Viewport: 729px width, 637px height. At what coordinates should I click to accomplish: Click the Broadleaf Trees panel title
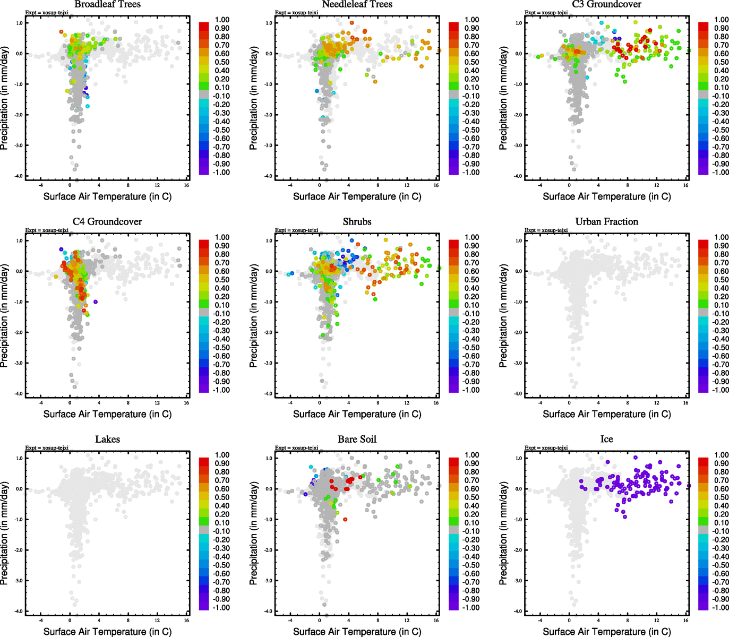107,4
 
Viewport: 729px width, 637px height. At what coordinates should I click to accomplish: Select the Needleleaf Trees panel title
357,4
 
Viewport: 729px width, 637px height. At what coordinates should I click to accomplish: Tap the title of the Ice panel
606,439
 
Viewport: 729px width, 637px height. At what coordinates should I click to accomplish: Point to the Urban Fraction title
606,221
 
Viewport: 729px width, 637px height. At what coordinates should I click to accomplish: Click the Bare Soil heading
357,439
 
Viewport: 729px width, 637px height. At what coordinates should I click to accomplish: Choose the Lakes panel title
107,439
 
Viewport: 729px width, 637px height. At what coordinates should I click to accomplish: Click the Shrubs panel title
357,221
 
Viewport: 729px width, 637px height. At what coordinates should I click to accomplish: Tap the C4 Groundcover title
107,221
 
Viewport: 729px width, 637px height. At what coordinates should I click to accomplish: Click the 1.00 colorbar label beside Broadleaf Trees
222,20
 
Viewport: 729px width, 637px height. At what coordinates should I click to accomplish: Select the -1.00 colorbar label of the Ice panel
721,607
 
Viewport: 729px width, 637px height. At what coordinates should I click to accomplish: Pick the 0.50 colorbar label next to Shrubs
471,280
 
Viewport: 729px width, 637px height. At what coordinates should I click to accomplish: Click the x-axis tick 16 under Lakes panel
186,620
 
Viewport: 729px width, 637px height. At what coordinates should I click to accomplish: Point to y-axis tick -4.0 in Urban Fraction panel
518,394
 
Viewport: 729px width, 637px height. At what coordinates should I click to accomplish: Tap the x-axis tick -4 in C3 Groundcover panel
540,185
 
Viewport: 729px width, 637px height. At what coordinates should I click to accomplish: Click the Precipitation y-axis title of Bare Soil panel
254,534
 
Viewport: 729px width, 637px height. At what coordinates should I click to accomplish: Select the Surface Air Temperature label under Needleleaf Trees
357,196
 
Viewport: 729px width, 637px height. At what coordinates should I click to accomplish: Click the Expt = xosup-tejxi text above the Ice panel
546,447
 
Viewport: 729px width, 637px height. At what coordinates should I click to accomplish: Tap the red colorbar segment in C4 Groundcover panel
204,244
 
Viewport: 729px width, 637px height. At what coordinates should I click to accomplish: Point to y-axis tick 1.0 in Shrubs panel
269,240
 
